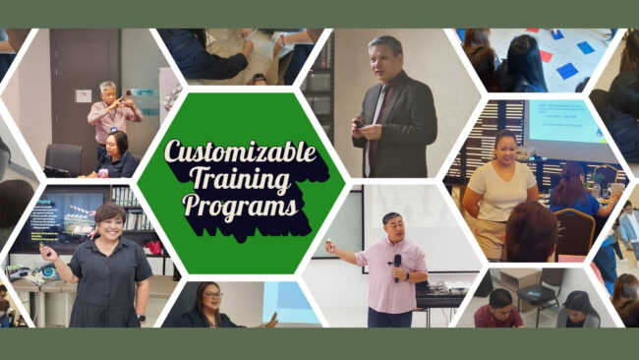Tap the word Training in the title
[241, 180]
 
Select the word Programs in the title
[241, 208]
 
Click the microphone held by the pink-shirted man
[396, 263]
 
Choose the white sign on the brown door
[84, 95]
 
